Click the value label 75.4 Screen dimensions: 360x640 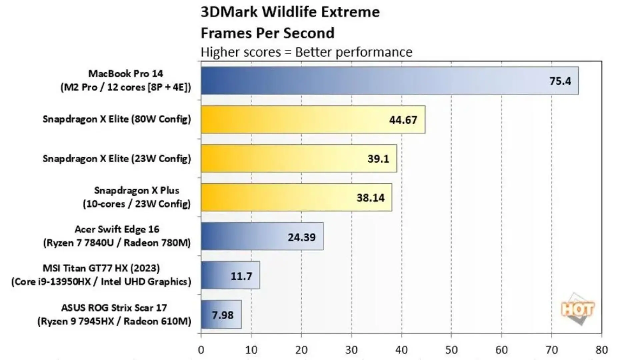pyautogui.click(x=560, y=81)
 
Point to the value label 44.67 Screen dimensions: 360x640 pyautogui.click(x=403, y=120)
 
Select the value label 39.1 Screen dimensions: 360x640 pyautogui.click(x=378, y=159)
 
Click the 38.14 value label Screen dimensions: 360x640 pyautogui.click(x=370, y=198)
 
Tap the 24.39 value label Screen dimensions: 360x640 pyautogui.click(x=301, y=237)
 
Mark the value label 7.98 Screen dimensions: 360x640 pyautogui.click(x=223, y=315)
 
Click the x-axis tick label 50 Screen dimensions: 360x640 pyautogui.click(x=451, y=350)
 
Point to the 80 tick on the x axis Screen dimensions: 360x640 pyautogui.click(x=601, y=350)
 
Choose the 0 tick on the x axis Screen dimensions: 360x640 pyautogui.click(x=201, y=350)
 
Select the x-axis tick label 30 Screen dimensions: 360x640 pyautogui.click(x=351, y=350)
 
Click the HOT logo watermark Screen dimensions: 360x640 pyautogui.click(x=578, y=310)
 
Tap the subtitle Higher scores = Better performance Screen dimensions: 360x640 pyautogui.click(x=306, y=52)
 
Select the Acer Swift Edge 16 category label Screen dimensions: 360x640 pyautogui.click(x=117, y=236)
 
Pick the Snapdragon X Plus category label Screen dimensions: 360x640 pyautogui.click(x=137, y=197)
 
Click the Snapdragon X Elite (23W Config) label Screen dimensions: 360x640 pyautogui.click(x=117, y=158)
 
